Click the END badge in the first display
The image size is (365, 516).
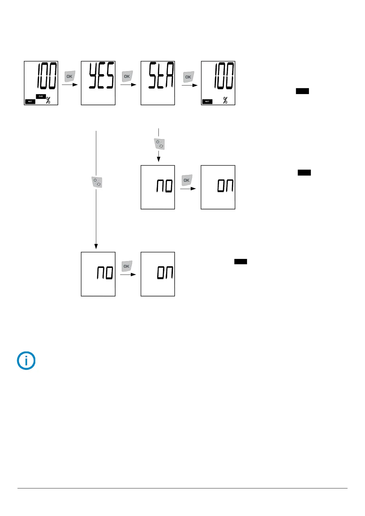point(41,97)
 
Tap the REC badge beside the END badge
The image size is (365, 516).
point(30,101)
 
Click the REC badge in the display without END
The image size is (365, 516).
point(207,101)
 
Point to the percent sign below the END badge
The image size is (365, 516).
point(48,101)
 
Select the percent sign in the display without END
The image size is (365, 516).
point(225,101)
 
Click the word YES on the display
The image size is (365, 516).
point(101,75)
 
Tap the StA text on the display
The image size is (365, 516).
point(161,75)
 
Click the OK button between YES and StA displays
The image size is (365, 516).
point(127,76)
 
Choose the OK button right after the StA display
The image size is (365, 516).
point(188,77)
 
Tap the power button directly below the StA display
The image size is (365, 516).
point(159,144)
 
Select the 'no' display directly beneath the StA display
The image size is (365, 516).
point(158,187)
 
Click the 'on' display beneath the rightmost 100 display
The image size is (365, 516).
point(218,187)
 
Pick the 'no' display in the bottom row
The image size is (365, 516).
point(98,274)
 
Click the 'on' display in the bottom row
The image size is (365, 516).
point(158,274)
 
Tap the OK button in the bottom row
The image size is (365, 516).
point(127,266)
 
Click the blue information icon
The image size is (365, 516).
point(26,361)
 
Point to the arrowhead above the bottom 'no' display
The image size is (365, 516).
point(96,246)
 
